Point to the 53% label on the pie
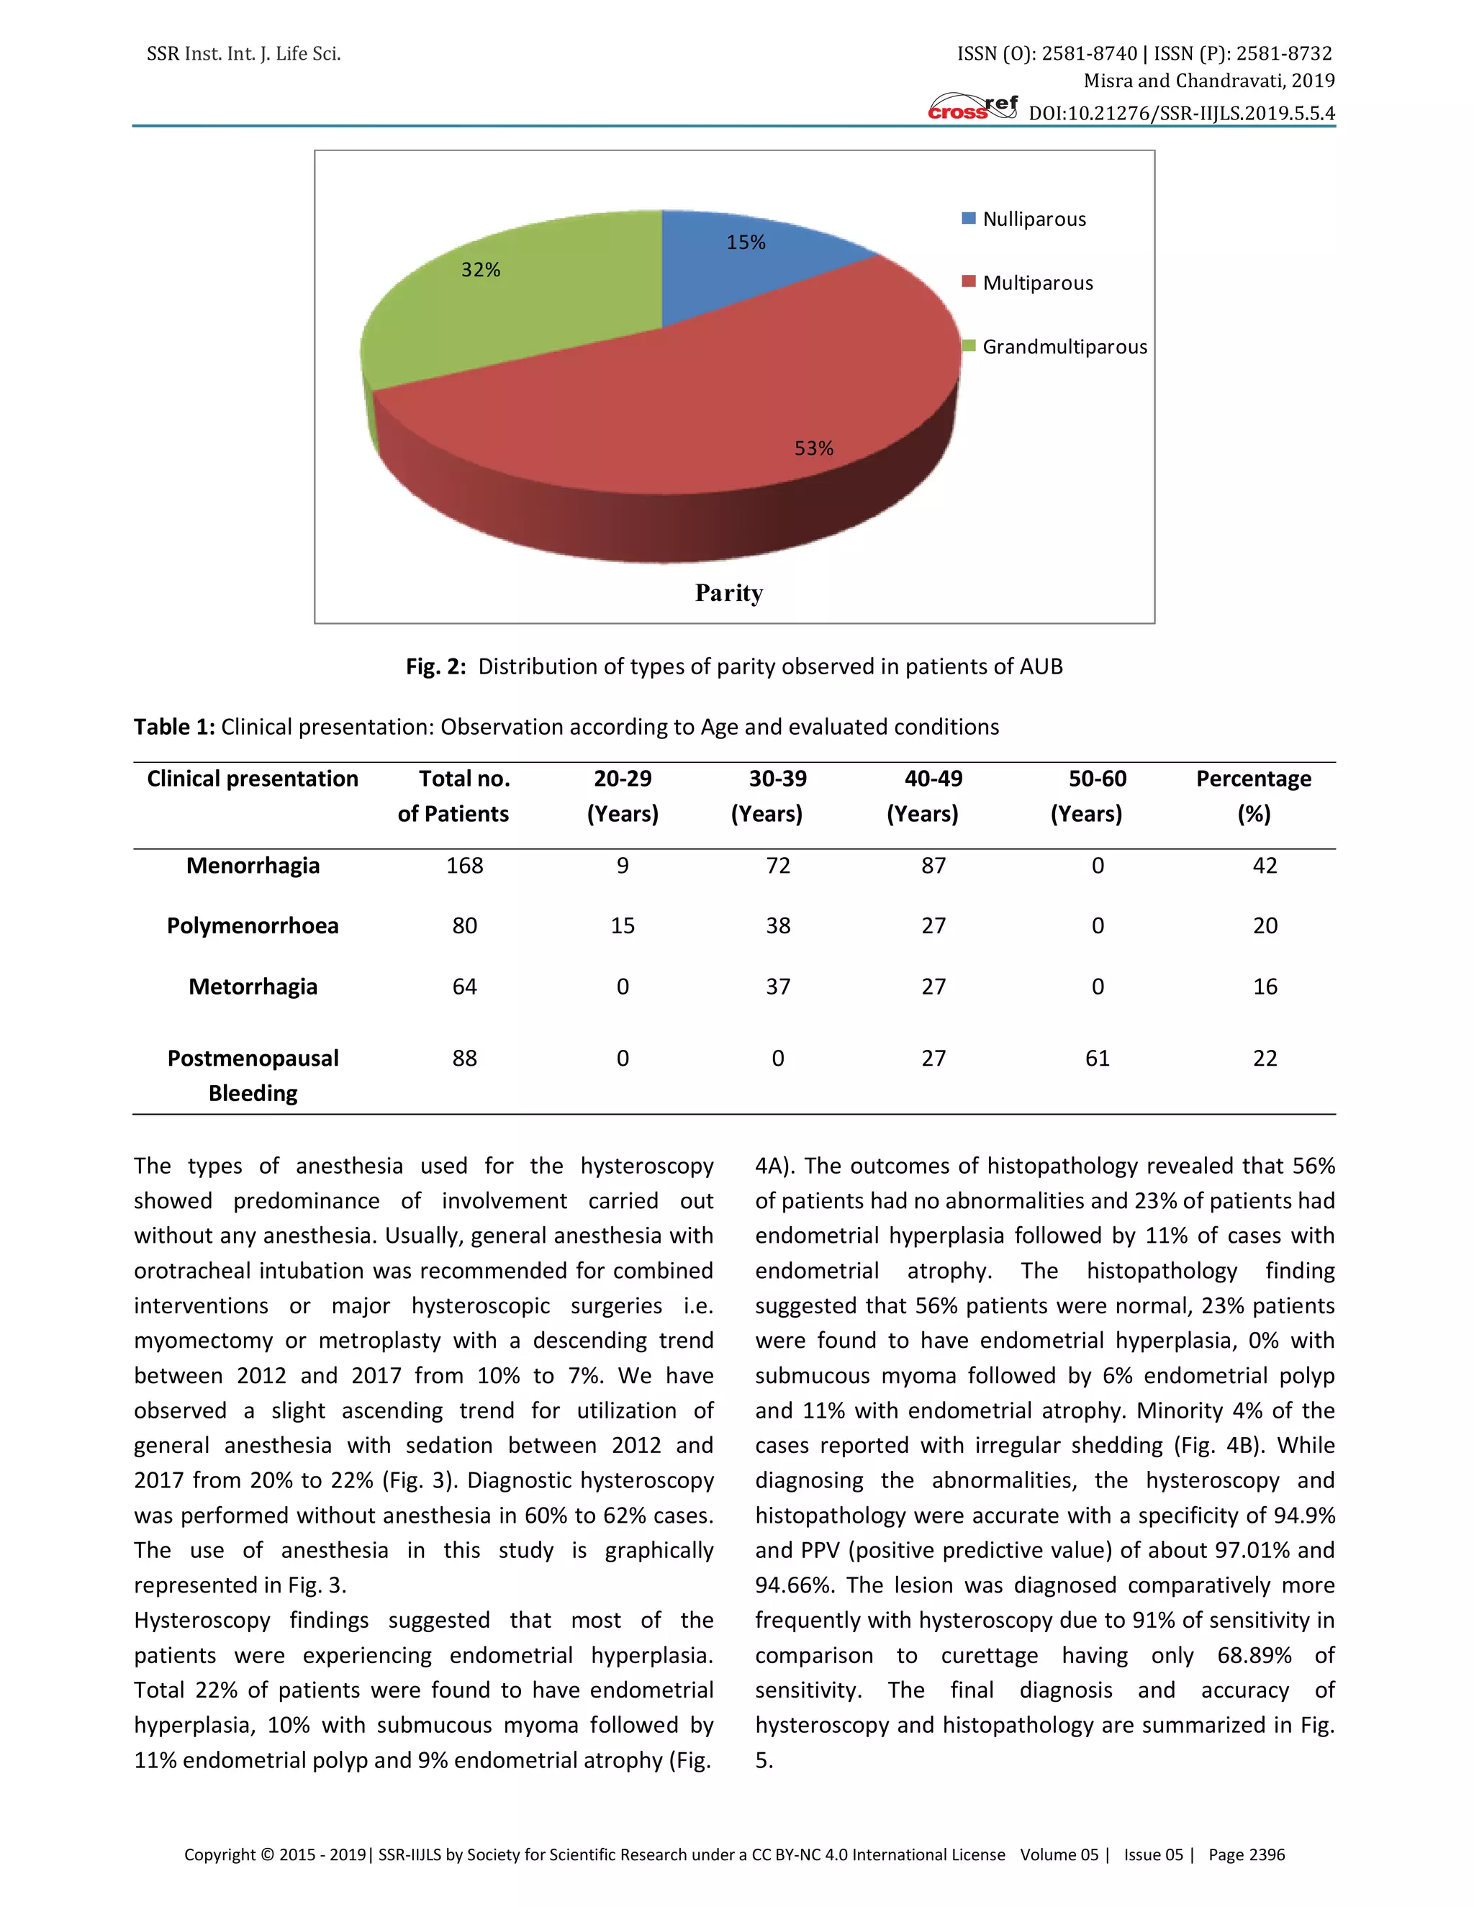pyautogui.click(x=813, y=448)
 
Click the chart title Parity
pyautogui.click(x=729, y=593)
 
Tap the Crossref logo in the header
pyautogui.click(x=972, y=107)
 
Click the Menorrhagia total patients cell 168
pyautogui.click(x=464, y=865)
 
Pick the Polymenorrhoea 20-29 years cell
pyautogui.click(x=622, y=925)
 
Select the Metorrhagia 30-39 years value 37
pyautogui.click(x=777, y=987)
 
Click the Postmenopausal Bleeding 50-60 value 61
pyautogui.click(x=1097, y=1059)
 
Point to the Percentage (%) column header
pyautogui.click(x=1253, y=795)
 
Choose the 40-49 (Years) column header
pyautogui.click(x=932, y=795)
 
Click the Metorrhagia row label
pyautogui.click(x=253, y=987)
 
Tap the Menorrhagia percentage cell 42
pyautogui.click(x=1265, y=865)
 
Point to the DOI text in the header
pyautogui.click(x=1180, y=113)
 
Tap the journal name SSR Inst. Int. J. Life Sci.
pyautogui.click(x=244, y=54)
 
